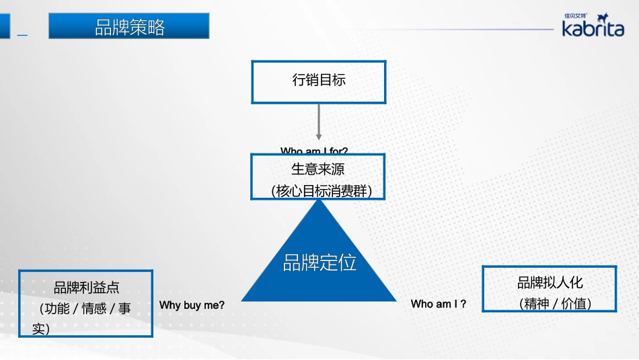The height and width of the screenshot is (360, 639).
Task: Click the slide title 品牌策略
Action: [x=129, y=27]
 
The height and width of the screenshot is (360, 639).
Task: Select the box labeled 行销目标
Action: [x=319, y=81]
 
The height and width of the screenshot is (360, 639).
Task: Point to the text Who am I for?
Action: [x=314, y=151]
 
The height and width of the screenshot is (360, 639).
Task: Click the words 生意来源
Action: [x=318, y=170]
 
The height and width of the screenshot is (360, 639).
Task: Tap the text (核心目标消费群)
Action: [x=319, y=191]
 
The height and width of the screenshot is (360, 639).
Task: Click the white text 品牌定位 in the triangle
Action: [x=319, y=262]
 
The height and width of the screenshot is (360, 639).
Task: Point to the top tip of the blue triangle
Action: [x=319, y=200]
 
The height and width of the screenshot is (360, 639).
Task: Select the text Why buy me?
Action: [x=192, y=305]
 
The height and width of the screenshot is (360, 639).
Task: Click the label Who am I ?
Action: [x=439, y=304]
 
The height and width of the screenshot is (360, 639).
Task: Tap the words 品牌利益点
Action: [x=86, y=288]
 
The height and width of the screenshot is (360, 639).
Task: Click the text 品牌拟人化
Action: [x=550, y=283]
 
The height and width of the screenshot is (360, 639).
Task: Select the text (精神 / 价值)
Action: [x=555, y=304]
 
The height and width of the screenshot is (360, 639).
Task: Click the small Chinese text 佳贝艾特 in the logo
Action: [x=576, y=15]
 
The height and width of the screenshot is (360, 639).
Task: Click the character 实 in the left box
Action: [x=40, y=329]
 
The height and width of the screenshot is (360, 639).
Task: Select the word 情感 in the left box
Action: [x=93, y=309]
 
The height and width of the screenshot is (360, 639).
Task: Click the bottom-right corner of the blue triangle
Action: [x=396, y=300]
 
